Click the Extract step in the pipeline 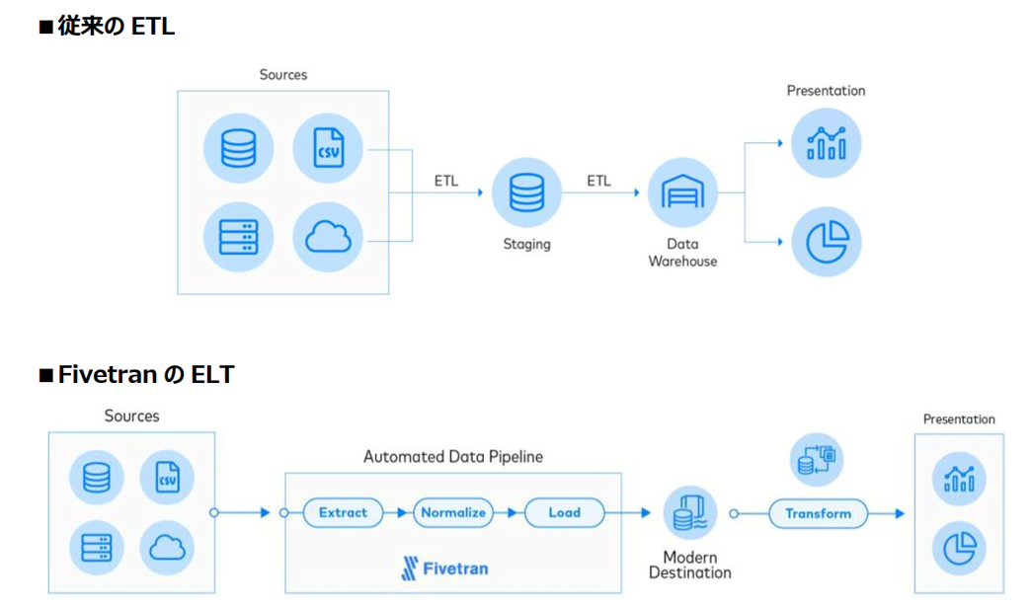(x=343, y=513)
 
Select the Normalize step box (x=453, y=513)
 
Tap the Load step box (x=564, y=513)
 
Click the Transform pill (x=818, y=513)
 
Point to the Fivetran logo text (x=444, y=569)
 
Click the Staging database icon (x=526, y=192)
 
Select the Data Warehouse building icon (x=682, y=192)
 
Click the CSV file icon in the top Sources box (x=328, y=148)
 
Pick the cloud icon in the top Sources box (x=328, y=238)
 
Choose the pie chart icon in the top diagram (x=826, y=242)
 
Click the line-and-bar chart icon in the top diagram (x=826, y=143)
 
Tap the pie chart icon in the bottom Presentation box (x=959, y=548)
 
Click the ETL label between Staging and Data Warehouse (x=598, y=182)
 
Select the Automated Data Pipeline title (x=453, y=457)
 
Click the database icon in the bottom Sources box (x=97, y=479)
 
